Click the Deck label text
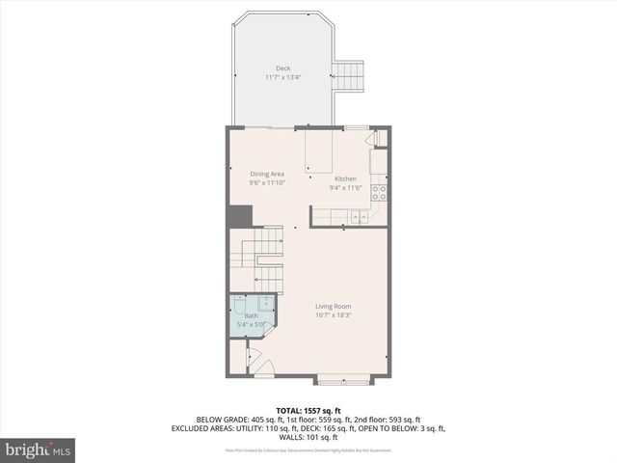[x=282, y=68]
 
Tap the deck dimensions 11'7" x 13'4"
[x=282, y=77]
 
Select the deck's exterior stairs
[x=348, y=74]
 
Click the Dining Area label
[x=267, y=174]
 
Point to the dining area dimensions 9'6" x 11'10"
[x=267, y=182]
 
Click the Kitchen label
[x=345, y=179]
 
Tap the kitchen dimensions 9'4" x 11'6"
[x=345, y=188]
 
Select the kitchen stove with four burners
[x=380, y=192]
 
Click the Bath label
[x=251, y=315]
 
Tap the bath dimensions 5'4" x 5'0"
[x=251, y=324]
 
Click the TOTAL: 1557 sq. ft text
[x=308, y=410]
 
